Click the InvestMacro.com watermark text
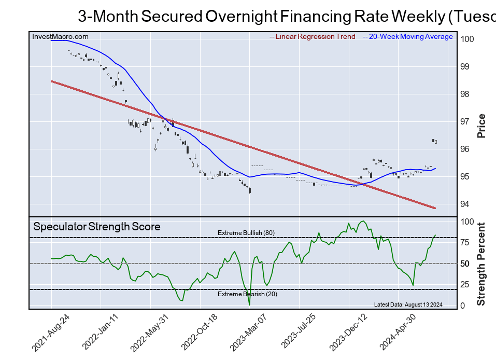pyautogui.click(x=60, y=37)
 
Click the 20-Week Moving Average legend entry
pyautogui.click(x=410, y=37)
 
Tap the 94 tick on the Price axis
pyautogui.click(x=465, y=204)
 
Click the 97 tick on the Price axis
pyautogui.click(x=465, y=122)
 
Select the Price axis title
pyautogui.click(x=481, y=126)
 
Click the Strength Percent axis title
pyautogui.click(x=481, y=264)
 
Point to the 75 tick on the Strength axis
pyautogui.click(x=465, y=242)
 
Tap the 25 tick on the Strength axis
pyautogui.click(x=465, y=285)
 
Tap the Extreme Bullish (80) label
pyautogui.click(x=246, y=233)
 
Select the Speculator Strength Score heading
pyautogui.click(x=97, y=227)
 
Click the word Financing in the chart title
pyautogui.click(x=317, y=17)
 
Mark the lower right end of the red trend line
pyautogui.click(x=434, y=208)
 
